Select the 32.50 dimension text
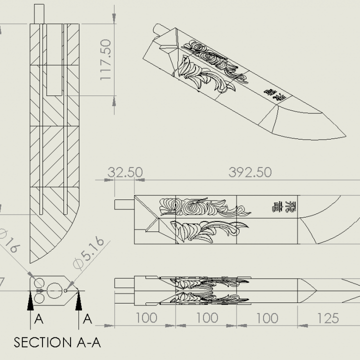pos(125,172)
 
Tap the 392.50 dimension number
pos(250,172)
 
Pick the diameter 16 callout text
pos(10,242)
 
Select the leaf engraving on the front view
pos(207,230)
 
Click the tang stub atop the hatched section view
pos(40,13)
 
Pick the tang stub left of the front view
pos(123,203)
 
